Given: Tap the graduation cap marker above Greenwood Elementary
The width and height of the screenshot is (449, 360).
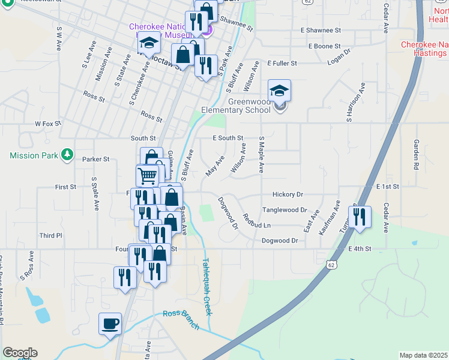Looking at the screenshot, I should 279,91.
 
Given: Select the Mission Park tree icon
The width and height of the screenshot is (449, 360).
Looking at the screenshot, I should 67,155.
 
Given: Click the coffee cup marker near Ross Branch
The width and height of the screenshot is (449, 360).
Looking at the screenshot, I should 110,324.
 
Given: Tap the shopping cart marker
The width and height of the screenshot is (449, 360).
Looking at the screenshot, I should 148,176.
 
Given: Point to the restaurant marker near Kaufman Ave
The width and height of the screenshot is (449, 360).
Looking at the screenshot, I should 360,217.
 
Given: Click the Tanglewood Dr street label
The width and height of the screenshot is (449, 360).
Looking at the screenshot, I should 285,211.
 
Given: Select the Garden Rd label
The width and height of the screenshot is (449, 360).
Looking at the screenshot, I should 415,154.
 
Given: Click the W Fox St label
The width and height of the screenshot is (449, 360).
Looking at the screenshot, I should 48,124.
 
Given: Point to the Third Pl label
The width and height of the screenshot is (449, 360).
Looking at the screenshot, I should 51,236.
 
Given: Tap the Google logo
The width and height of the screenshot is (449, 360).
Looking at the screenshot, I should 20,353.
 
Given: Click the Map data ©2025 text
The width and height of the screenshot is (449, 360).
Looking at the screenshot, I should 423,355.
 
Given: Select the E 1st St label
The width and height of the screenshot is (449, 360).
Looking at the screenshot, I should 388,187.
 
